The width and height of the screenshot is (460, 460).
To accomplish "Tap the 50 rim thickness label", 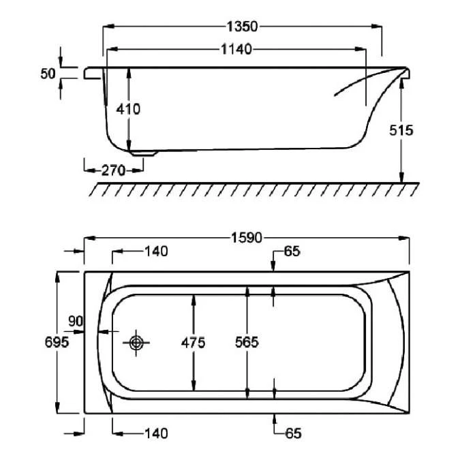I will point(47,74).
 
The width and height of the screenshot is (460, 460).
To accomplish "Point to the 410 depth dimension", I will point(128,109).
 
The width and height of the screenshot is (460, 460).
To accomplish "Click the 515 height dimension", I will point(401,130).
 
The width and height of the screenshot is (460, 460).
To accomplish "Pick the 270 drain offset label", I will point(112,170).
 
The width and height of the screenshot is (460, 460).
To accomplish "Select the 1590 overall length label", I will point(247,238).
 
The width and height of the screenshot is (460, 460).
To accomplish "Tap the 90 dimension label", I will point(75,320).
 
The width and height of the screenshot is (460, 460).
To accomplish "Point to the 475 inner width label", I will point(194,343).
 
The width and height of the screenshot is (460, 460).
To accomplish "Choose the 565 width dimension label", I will point(247,343).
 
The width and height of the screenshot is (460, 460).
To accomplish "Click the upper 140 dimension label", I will point(156,251).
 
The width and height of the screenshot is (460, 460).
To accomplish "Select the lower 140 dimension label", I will point(156,433).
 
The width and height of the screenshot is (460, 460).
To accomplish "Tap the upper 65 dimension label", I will point(292,251).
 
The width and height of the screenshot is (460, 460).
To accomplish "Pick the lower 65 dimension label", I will point(292,433).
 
